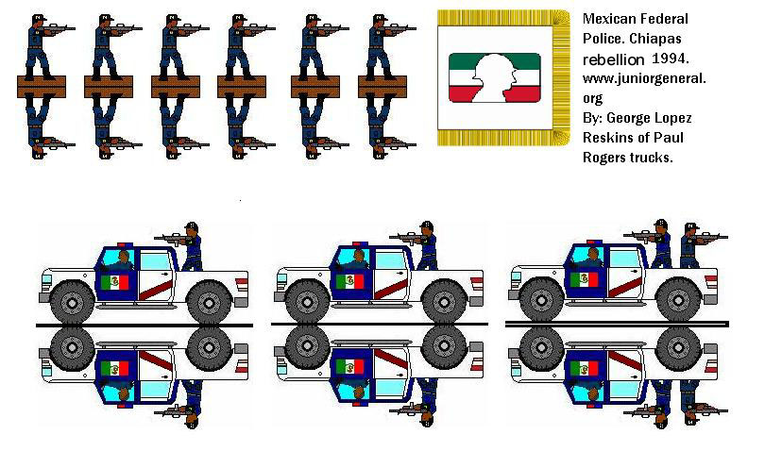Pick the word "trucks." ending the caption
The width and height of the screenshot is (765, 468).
coord(648,158)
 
